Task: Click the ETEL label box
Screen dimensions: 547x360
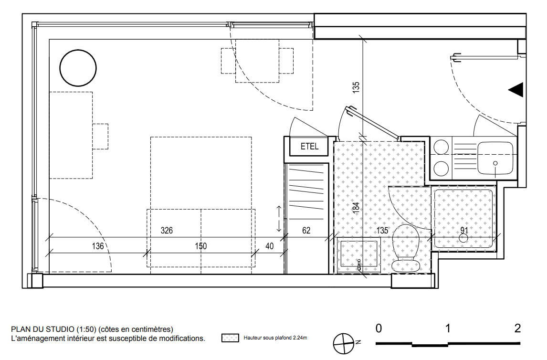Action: (309, 146)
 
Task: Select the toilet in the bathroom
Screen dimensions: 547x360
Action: (405, 248)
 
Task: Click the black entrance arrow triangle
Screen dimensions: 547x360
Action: (516, 90)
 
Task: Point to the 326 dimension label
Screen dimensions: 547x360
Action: (167, 230)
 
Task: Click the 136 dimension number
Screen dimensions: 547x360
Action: (98, 246)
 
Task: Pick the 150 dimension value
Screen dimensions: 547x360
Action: (200, 246)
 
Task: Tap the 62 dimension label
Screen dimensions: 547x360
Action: (306, 230)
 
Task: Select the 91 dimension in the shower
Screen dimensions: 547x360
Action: (464, 230)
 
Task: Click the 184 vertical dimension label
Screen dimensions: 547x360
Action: (356, 208)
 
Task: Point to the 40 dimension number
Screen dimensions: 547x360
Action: (269, 246)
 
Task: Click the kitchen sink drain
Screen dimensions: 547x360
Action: (495, 163)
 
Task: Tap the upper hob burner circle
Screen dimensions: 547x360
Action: (441, 147)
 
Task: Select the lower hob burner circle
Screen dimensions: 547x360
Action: (441, 169)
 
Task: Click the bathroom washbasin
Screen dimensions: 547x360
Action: (358, 254)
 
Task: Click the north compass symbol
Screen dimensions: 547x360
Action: (344, 344)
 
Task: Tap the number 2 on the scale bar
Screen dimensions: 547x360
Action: (517, 328)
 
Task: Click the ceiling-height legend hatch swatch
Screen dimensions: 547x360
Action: (230, 338)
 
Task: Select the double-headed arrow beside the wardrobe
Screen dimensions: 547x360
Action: (279, 219)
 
